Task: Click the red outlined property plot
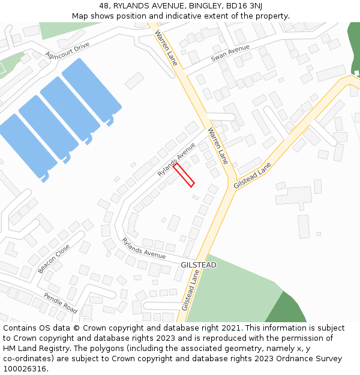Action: [184, 175]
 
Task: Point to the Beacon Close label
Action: [53, 259]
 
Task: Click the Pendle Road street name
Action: [61, 303]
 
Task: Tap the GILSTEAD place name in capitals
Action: [199, 265]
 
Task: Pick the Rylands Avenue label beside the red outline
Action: [176, 158]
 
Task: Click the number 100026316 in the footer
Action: [25, 369]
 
